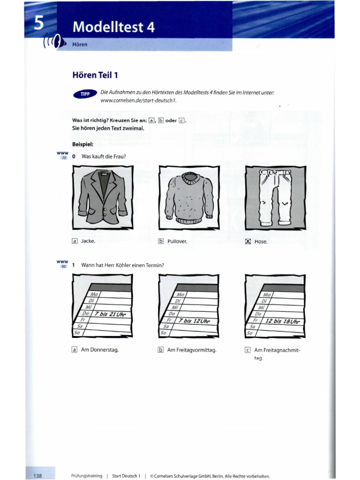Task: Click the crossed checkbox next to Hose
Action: tap(248, 242)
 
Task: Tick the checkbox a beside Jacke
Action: tap(74, 241)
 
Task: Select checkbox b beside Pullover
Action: tap(161, 242)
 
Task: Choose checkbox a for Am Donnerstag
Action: tap(74, 349)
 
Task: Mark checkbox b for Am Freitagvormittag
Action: tap(161, 350)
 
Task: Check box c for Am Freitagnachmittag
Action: tap(247, 350)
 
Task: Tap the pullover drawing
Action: tap(186, 197)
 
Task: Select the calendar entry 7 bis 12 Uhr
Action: tap(194, 321)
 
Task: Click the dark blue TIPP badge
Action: tap(84, 94)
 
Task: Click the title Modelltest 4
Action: tap(113, 28)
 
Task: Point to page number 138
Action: tap(37, 476)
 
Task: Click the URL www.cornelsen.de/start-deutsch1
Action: tap(135, 101)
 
